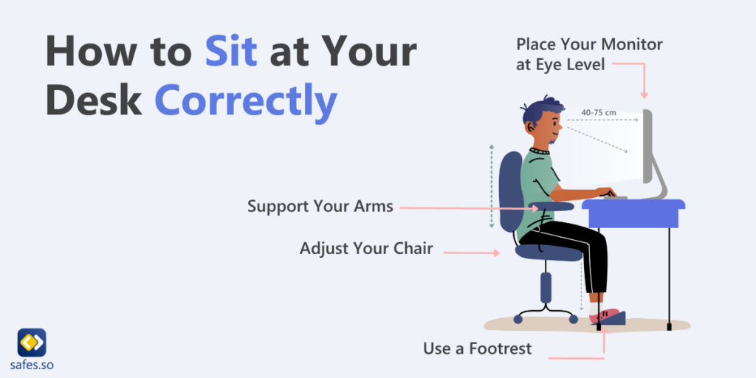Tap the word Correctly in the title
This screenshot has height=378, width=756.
(x=246, y=100)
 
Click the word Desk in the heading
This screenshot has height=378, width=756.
(x=93, y=100)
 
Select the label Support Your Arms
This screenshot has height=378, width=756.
(x=320, y=206)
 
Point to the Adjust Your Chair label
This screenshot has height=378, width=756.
(x=365, y=248)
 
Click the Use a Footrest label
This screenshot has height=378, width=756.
(x=477, y=348)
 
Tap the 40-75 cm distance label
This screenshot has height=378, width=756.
(x=599, y=112)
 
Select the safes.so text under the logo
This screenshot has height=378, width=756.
(x=32, y=365)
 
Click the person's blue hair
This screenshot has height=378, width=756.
(x=537, y=110)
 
